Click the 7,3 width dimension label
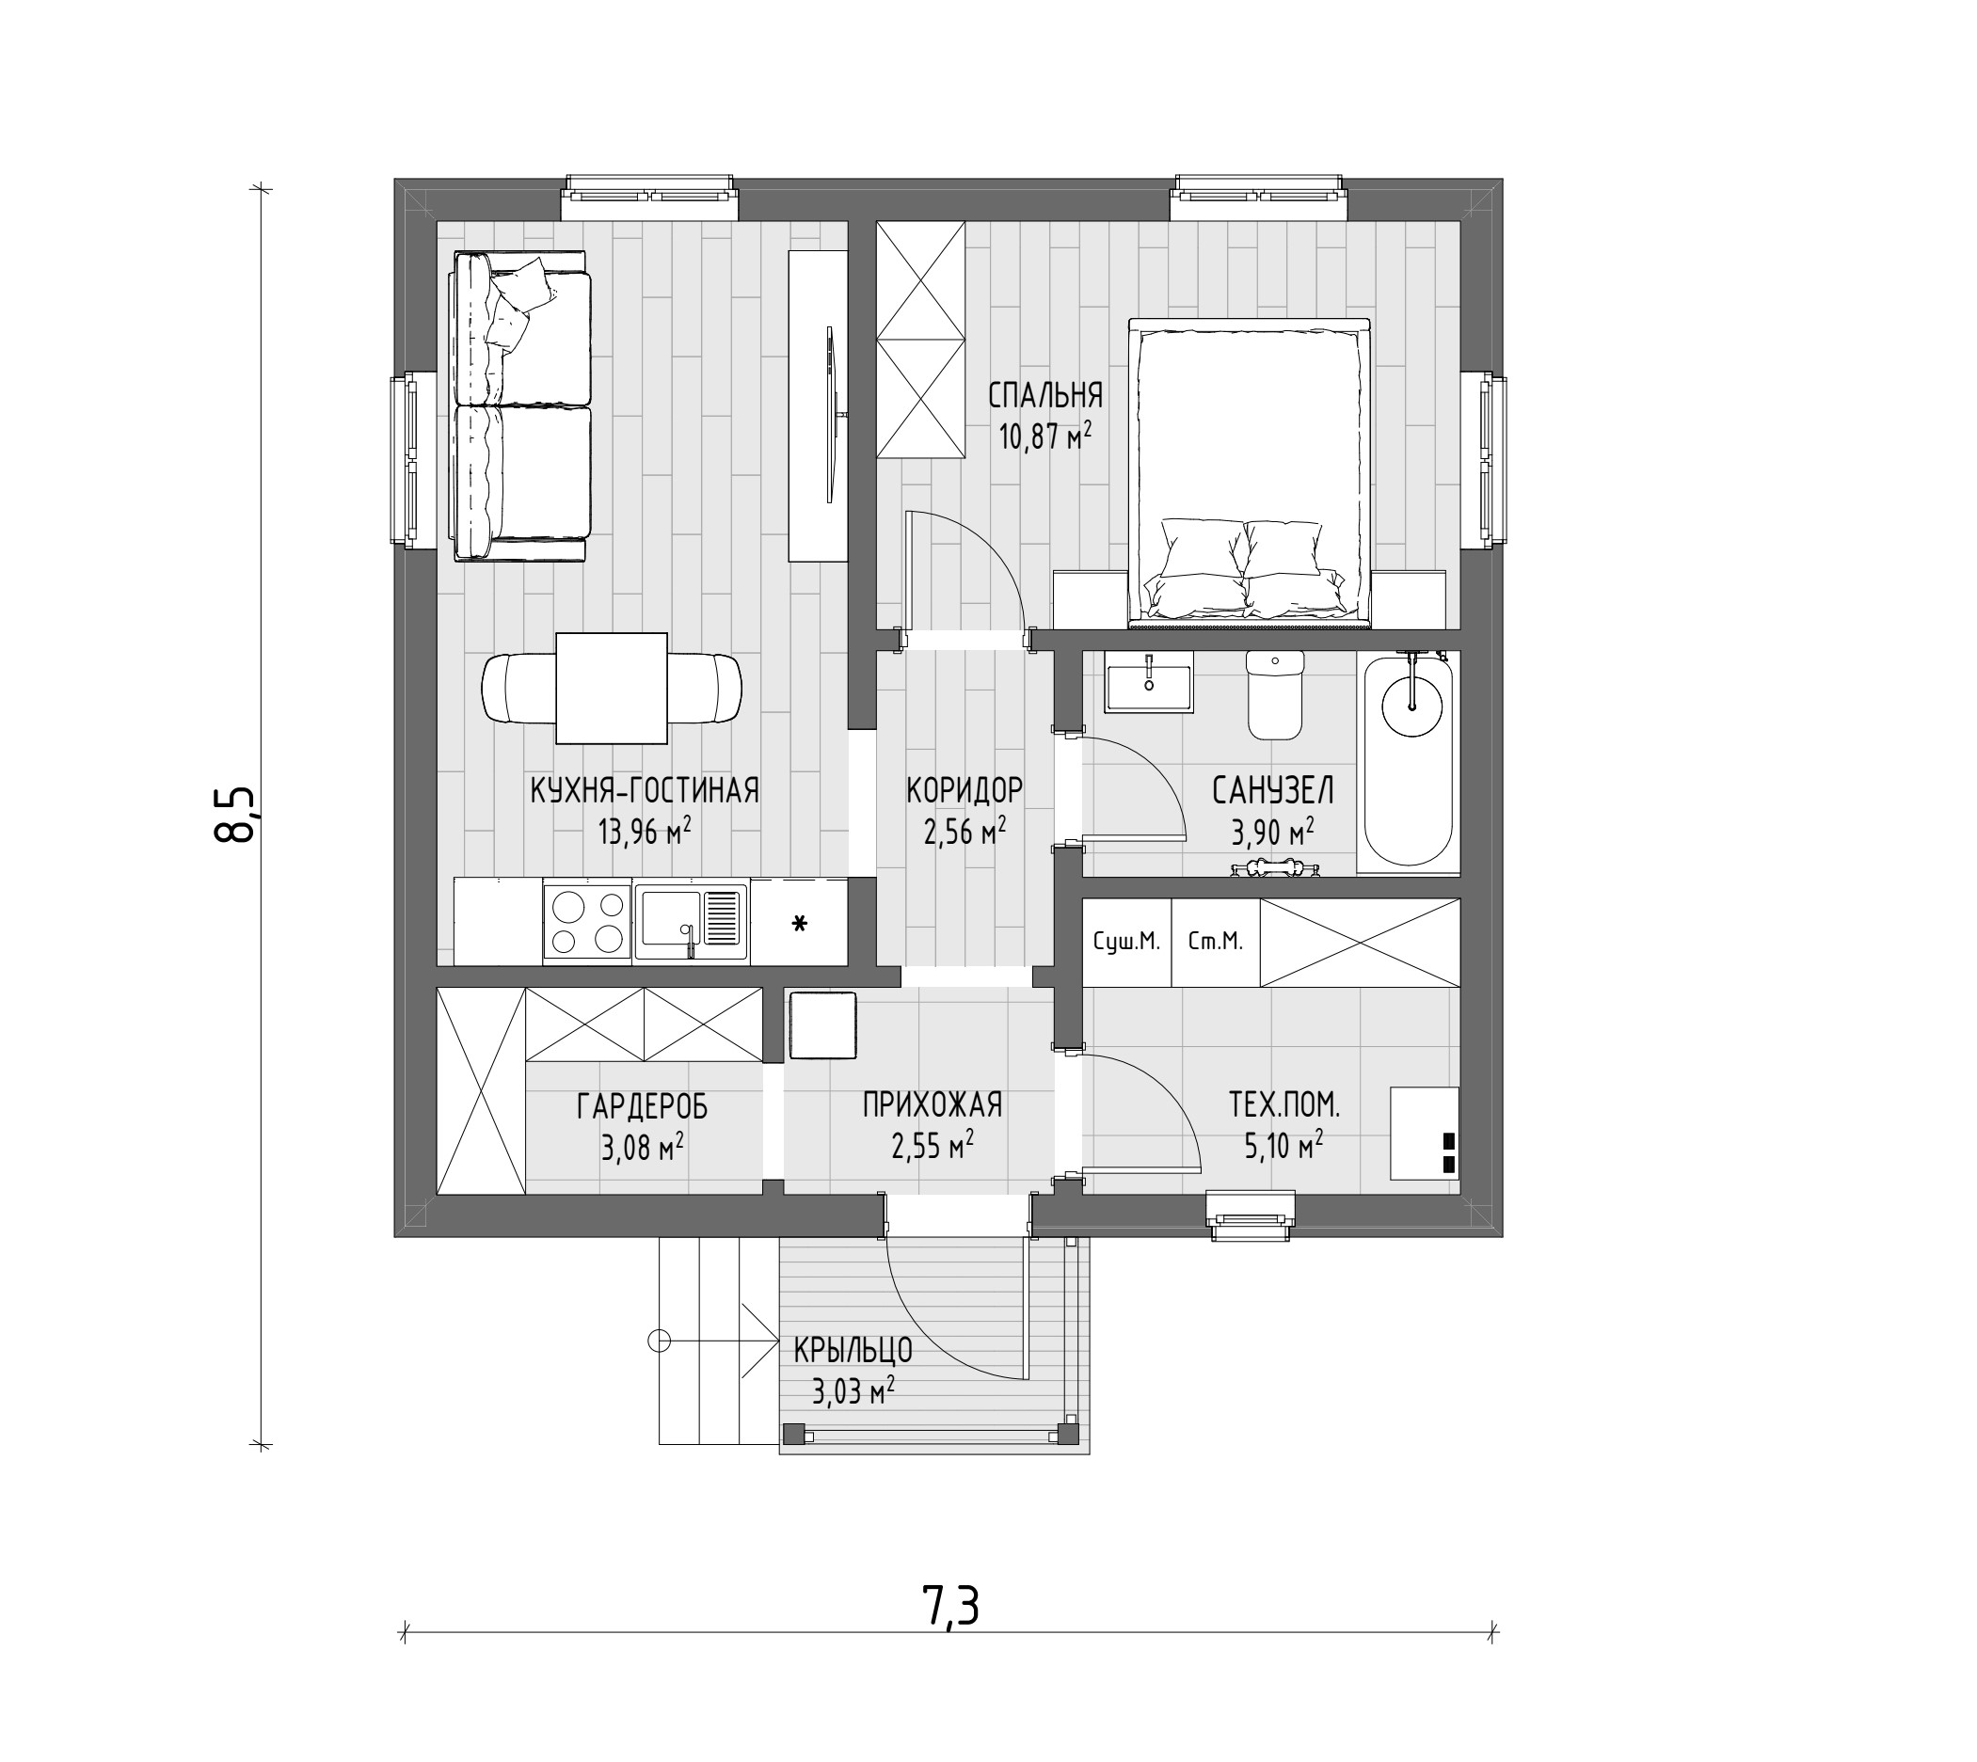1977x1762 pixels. [950, 1607]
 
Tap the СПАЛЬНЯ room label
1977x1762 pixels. [1044, 395]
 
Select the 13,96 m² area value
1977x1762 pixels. [644, 830]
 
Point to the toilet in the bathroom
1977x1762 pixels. [1275, 694]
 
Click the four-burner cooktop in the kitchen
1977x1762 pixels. [587, 922]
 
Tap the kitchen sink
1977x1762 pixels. [692, 922]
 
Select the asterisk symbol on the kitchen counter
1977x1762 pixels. [799, 924]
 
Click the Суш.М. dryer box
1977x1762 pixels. [1126, 942]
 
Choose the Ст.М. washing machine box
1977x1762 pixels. [1215, 942]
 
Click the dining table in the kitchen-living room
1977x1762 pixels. [612, 689]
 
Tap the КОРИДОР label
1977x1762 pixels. [965, 790]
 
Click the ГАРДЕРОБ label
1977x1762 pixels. [643, 1105]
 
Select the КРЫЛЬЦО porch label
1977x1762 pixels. [853, 1350]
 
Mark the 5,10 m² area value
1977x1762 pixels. [1283, 1146]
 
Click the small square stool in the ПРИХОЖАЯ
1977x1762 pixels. [823, 1025]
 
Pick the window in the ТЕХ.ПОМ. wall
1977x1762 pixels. [1251, 1216]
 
